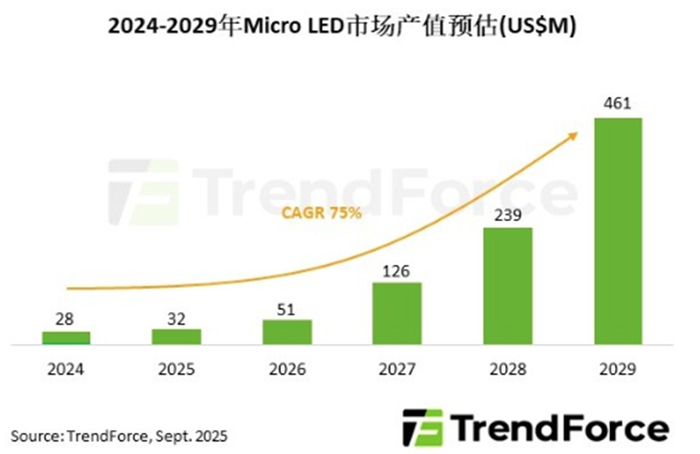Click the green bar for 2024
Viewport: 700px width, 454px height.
point(66,338)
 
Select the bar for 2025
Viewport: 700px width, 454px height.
point(176,336)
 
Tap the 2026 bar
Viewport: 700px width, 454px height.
point(287,331)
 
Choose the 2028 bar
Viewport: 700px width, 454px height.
point(507,285)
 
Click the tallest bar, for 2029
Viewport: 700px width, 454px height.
point(617,230)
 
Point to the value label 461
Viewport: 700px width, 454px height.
point(617,104)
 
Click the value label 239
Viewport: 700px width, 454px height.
point(507,214)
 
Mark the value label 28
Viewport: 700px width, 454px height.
point(66,317)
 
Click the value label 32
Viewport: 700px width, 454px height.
point(176,315)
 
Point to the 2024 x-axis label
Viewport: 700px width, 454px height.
point(66,366)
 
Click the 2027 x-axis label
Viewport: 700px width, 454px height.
point(397,366)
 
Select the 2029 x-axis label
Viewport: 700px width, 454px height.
point(617,366)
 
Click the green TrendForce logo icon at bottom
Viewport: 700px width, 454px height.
point(422,427)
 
